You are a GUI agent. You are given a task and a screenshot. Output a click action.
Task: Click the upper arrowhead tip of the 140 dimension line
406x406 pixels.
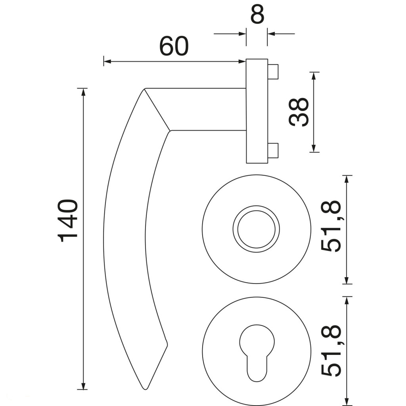[83, 88]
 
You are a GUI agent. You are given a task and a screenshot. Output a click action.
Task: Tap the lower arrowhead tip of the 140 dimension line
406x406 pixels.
[83, 389]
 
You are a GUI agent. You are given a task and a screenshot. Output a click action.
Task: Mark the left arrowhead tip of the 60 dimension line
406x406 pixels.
[104, 61]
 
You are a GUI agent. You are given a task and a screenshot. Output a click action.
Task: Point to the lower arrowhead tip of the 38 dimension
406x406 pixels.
[314, 152]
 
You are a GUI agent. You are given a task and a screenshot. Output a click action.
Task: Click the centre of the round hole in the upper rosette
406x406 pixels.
[256, 229]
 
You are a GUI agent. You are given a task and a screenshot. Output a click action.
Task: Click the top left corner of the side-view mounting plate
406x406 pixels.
[246, 59]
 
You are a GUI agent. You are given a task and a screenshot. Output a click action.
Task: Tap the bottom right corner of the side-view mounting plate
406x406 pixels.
[268, 163]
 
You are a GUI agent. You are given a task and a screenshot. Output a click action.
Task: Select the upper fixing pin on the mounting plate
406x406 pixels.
[273, 72]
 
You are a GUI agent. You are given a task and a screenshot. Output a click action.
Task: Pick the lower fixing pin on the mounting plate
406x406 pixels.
[273, 151]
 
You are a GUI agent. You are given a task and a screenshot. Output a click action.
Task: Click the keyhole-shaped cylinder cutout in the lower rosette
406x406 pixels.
[257, 353]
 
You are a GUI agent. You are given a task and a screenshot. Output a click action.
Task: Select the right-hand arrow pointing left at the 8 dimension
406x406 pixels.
[281, 34]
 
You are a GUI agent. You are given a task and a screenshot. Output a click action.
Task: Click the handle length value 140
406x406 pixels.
[68, 220]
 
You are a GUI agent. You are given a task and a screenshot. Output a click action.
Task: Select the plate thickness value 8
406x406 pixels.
[257, 14]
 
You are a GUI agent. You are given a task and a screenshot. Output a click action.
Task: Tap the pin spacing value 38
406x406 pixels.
[299, 112]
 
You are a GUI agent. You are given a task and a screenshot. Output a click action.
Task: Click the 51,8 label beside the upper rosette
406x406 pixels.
[331, 226]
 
